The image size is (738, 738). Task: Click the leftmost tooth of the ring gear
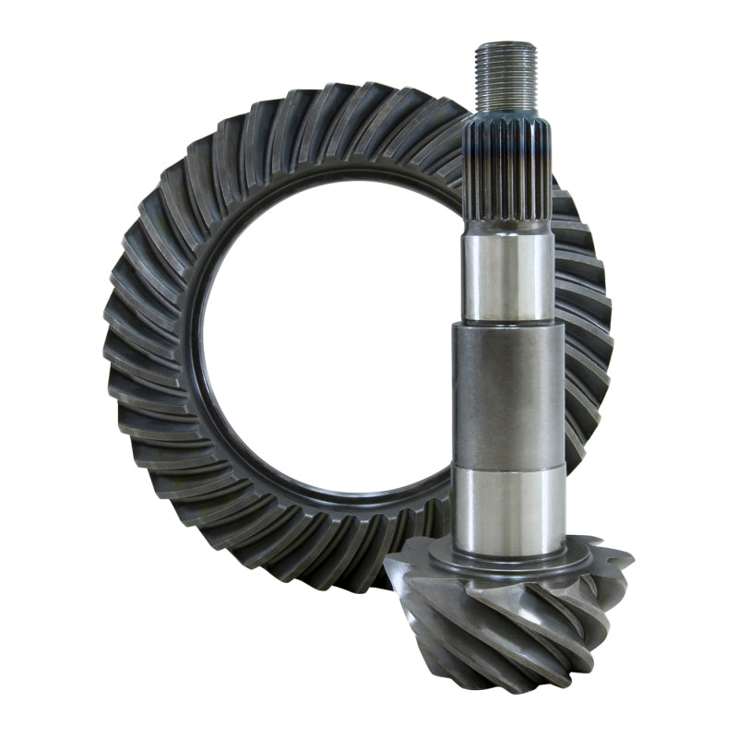(118, 341)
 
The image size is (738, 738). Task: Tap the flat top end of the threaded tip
(506, 43)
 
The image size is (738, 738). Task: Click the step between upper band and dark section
(508, 323)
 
